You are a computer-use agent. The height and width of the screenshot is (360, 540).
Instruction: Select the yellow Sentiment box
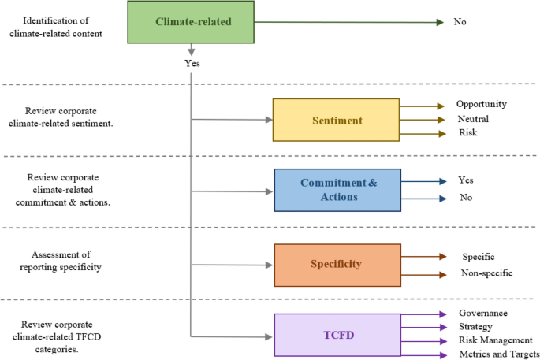tap(336, 121)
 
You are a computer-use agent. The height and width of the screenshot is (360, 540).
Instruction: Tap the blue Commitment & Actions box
tap(338, 190)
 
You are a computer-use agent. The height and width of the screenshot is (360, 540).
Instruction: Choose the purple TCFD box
tap(337, 334)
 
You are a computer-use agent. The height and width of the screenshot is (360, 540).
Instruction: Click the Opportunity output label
tap(481, 104)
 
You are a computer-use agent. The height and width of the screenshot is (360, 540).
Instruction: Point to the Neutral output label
tap(472, 119)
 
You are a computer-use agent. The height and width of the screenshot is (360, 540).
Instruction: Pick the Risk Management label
tap(494, 340)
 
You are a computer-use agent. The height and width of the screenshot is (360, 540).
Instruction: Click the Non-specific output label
tap(486, 273)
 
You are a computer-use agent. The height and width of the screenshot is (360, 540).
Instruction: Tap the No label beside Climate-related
tap(460, 22)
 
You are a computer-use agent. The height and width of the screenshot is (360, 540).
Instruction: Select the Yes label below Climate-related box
tap(192, 64)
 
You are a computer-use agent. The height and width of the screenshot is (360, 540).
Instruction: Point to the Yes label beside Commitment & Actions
tap(465, 180)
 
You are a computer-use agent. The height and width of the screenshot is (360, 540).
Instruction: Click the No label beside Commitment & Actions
tap(465, 198)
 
